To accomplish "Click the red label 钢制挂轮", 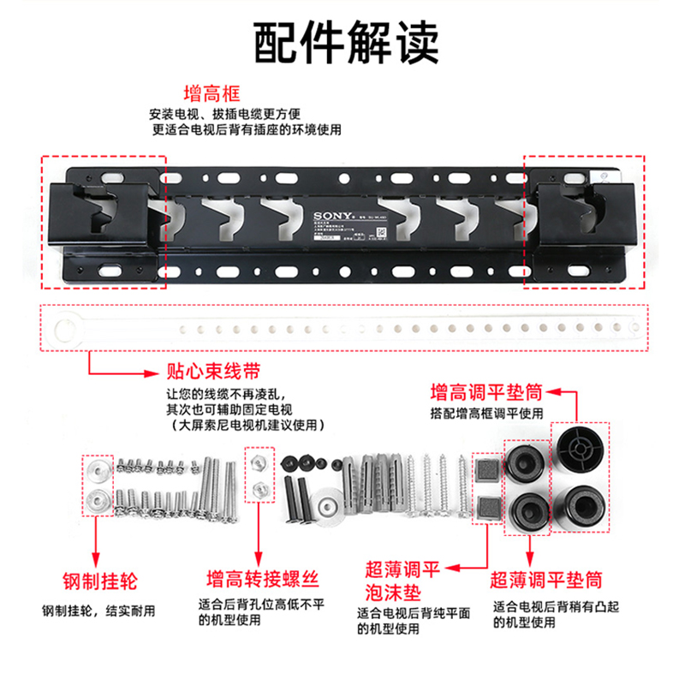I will pyautogui.click(x=98, y=581).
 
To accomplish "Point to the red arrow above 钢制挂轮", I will pyautogui.click(x=97, y=539).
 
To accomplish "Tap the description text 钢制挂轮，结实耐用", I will pyautogui.click(x=99, y=611).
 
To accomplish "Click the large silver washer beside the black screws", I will pyautogui.click(x=330, y=503).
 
